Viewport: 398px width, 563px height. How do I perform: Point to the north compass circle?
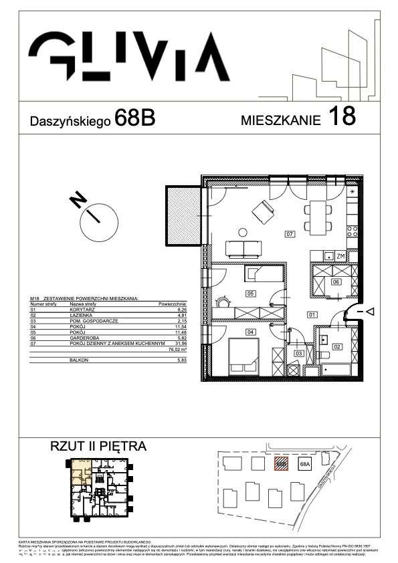point(98,215)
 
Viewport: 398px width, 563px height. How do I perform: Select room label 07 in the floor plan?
point(290,235)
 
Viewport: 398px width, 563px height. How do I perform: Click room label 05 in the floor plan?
point(250,294)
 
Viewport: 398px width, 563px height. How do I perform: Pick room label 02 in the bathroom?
point(337,346)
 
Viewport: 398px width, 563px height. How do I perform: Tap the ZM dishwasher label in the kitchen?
point(340,256)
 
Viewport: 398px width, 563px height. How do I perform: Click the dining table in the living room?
point(317,215)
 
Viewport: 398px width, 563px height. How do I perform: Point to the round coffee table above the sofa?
point(241,233)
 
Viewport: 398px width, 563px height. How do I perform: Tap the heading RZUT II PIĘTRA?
point(98,446)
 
